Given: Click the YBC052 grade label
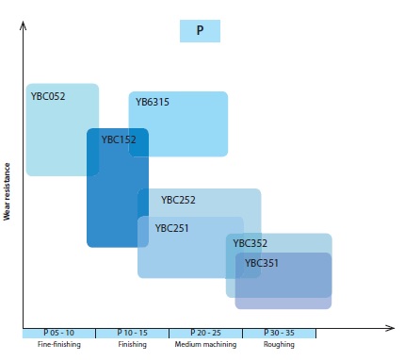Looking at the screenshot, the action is pos(48,96).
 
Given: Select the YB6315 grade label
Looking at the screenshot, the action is pos(153,102).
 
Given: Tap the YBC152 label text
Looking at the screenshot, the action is pos(119,139).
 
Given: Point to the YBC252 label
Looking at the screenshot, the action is pos(178,200).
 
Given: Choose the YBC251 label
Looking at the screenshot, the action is pos(172,228).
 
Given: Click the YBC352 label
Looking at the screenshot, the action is pos(250,243).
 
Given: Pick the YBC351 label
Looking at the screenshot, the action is pos(262,263).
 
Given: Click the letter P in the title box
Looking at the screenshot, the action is pos(200,30).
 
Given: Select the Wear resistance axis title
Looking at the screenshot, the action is pos(7,191).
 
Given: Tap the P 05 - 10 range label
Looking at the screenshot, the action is pos(59,333).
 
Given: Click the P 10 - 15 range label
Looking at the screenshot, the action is pos(133,333).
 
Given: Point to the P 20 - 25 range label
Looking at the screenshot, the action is pos(206,333).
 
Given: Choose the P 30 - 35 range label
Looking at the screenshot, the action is pos(279,333).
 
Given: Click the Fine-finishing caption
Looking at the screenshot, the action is pos(59,344).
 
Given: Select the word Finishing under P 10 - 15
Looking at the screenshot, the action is pos(133,344).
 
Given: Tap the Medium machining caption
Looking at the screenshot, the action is pos(205,344).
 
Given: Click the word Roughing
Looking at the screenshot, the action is pos(279,344).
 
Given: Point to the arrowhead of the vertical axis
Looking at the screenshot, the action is pos(23,24).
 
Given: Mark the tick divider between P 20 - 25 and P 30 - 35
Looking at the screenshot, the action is pos(242,334).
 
